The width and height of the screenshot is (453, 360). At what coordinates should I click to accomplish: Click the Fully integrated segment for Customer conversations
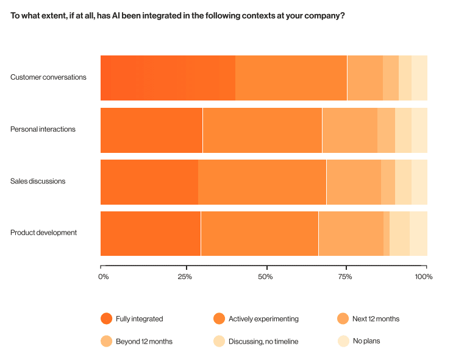[168, 77]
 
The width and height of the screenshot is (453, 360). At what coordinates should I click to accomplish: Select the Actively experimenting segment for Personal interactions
[262, 130]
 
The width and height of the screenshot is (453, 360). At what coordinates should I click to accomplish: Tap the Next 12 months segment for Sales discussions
[354, 182]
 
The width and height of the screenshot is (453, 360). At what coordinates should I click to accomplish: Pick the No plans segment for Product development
[418, 233]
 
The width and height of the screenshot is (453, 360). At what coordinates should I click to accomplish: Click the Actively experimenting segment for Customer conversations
[291, 77]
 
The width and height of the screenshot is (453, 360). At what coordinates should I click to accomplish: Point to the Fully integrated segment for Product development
[151, 233]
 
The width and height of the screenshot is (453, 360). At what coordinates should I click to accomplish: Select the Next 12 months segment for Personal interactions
[349, 130]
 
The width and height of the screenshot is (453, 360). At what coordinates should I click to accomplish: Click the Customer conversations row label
[48, 77]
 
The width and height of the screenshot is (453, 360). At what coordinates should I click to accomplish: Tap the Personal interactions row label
[43, 129]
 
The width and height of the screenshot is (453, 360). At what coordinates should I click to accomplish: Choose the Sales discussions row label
[38, 181]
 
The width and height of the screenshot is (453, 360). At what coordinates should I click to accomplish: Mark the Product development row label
[43, 233]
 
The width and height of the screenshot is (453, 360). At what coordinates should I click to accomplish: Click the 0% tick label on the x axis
[104, 277]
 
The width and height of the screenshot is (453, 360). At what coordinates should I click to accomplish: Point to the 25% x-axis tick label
[185, 277]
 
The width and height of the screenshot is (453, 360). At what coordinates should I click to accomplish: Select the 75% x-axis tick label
[345, 277]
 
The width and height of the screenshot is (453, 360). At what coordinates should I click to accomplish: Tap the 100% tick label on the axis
[423, 277]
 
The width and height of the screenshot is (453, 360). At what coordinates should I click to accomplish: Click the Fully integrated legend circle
[106, 319]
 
